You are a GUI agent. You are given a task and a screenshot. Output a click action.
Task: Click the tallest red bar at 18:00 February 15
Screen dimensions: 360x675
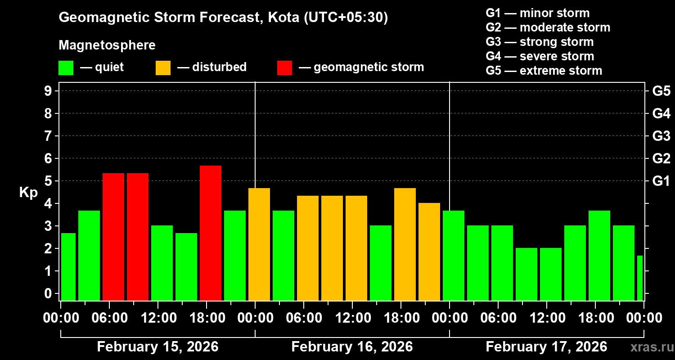click(x=211, y=233)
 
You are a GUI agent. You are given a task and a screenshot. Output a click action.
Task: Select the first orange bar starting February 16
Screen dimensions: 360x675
click(x=259, y=244)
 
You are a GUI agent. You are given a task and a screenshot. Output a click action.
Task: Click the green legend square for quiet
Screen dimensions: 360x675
click(x=66, y=68)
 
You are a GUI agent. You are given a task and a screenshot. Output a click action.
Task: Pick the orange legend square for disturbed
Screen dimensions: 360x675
click(x=163, y=68)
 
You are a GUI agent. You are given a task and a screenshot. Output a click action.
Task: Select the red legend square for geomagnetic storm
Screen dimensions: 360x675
click(x=284, y=68)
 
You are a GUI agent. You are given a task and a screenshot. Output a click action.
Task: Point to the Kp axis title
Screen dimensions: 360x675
click(x=28, y=192)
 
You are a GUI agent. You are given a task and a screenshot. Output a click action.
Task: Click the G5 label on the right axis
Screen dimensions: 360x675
click(x=661, y=91)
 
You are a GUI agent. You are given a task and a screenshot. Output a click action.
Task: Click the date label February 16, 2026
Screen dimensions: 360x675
click(x=352, y=347)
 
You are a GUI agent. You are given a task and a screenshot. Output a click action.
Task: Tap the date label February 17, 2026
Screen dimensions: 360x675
click(x=546, y=347)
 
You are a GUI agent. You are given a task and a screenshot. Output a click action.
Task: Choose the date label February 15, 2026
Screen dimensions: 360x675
click(x=157, y=347)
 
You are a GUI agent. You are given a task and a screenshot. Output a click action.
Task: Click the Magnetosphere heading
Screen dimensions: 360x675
click(x=107, y=45)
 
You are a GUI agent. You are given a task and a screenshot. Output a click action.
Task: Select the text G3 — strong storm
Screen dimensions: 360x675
click(x=540, y=42)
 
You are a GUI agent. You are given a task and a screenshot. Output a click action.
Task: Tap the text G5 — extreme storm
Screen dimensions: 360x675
click(x=544, y=71)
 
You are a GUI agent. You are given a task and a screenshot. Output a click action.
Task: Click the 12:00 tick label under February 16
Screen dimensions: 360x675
click(x=352, y=318)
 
